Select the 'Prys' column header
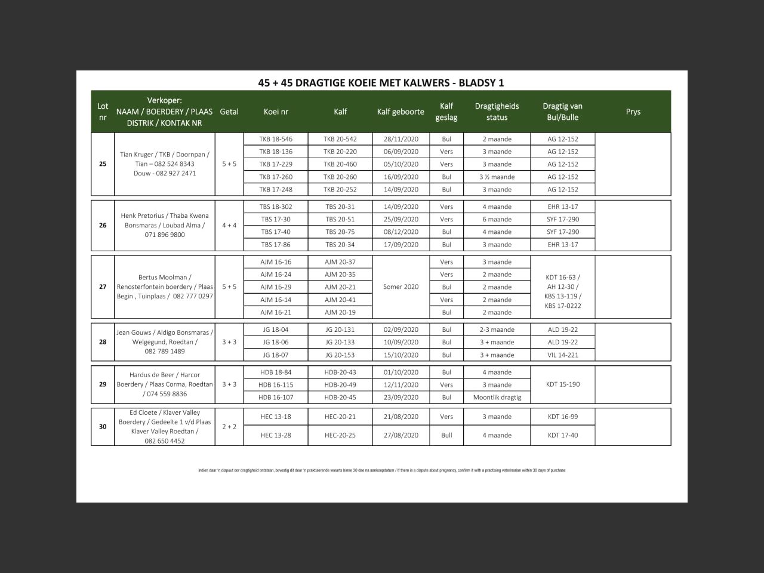coord(633,112)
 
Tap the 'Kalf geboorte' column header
coord(401,112)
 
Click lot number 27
coord(103,287)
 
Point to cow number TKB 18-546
coord(276,139)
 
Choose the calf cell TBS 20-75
coord(340,232)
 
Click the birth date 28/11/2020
coord(401,139)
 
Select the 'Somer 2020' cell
coord(401,287)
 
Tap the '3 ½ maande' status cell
coord(497,177)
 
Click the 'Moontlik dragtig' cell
coord(497,398)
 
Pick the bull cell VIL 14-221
coord(562,355)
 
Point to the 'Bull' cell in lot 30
coord(446,435)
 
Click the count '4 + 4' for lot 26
coord(229,226)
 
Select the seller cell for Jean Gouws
coord(165,342)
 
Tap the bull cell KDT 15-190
coord(562,384)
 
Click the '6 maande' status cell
coord(497,220)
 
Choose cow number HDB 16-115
coord(276,385)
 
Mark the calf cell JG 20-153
coord(340,355)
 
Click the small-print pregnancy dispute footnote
coord(382,470)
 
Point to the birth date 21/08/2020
coord(401,417)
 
